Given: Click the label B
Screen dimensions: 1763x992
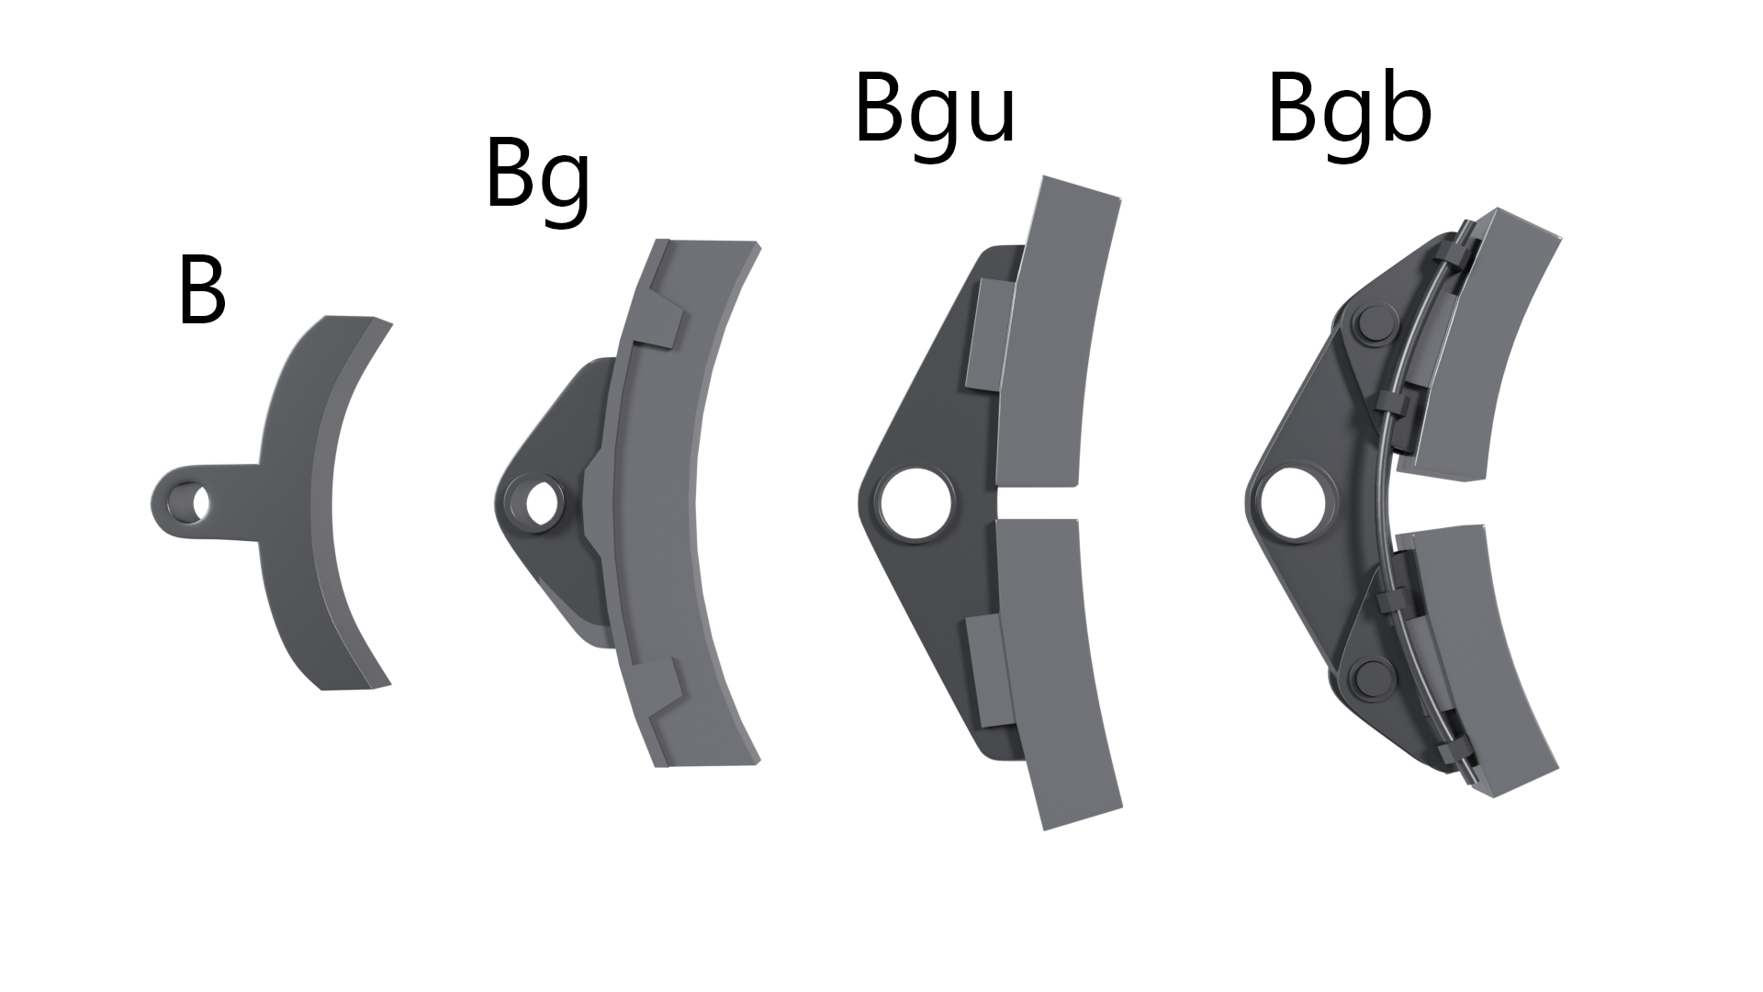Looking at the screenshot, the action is pos(201,291).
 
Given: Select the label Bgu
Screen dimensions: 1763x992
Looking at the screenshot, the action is pos(935,113).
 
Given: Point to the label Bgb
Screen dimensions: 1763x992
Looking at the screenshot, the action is pos(1349,113).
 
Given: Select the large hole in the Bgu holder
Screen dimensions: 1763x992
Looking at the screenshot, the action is pos(915,503).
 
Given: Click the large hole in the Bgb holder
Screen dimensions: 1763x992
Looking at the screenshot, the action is pos(1294,503).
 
